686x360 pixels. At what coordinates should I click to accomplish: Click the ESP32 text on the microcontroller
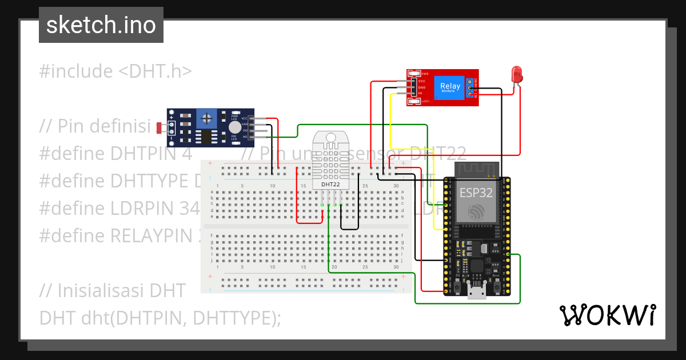coord(477,193)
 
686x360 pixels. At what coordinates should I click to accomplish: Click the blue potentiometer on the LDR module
coord(207,119)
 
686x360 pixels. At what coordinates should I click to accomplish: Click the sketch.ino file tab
coord(101,25)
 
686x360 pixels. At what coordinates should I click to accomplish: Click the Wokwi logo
coord(607,315)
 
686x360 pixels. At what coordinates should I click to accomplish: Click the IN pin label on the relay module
coord(420,93)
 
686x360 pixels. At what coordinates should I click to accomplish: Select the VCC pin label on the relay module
coord(421,81)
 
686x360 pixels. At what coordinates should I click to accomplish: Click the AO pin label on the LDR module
coord(245,137)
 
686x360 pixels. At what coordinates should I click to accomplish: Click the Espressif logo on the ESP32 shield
coord(476,213)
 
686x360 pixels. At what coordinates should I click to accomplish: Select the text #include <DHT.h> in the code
coord(115,71)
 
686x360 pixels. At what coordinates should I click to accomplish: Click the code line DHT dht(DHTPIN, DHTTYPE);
coord(160,318)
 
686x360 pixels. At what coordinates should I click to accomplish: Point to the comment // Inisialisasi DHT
coord(112,290)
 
